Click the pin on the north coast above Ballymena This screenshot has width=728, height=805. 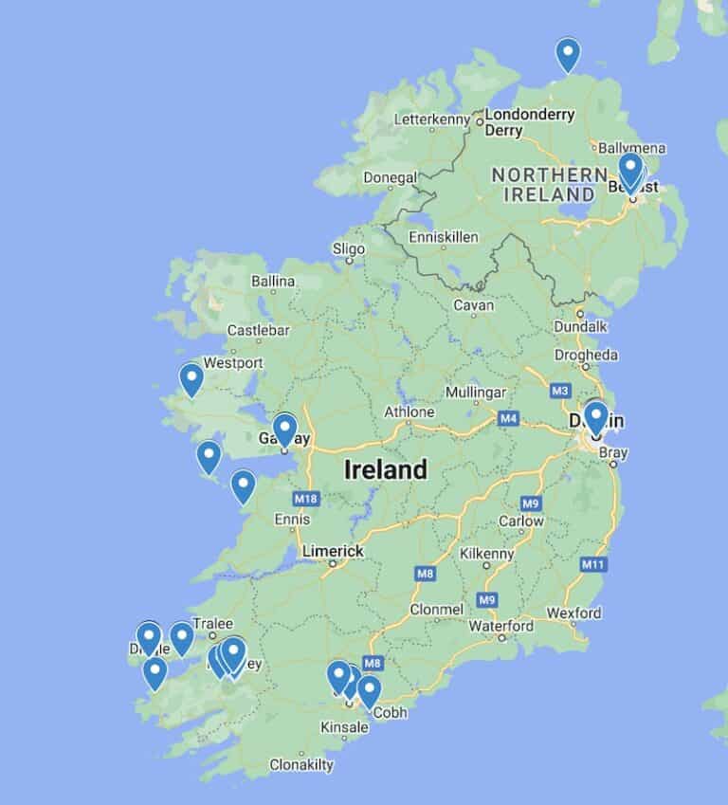pyautogui.click(x=568, y=54)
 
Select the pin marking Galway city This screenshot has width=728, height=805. pyautogui.click(x=284, y=430)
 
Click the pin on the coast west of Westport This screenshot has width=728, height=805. pyautogui.click(x=191, y=378)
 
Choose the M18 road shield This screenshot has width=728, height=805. pyautogui.click(x=305, y=499)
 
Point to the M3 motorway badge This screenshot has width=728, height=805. pyautogui.click(x=559, y=391)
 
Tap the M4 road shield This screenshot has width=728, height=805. pyautogui.click(x=509, y=418)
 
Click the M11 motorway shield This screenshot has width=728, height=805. pyautogui.click(x=593, y=565)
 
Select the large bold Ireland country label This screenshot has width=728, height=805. pyautogui.click(x=386, y=469)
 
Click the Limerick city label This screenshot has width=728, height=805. pyautogui.click(x=333, y=551)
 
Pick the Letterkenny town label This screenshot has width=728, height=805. pyautogui.click(x=431, y=119)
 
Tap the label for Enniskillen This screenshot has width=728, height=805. pyautogui.click(x=443, y=237)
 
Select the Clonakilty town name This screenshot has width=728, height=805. pyautogui.click(x=301, y=764)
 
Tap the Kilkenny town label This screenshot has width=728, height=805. pyautogui.click(x=486, y=554)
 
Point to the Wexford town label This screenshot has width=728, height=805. pyautogui.click(x=573, y=613)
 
